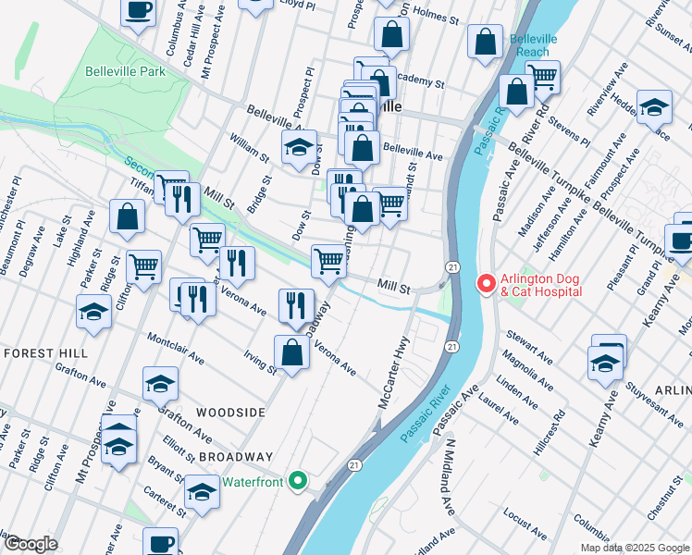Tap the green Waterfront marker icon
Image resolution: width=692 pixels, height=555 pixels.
[x=297, y=479]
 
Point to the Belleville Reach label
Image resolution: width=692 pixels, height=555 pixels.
[x=531, y=46]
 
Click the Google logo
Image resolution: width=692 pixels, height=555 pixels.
[x=30, y=544]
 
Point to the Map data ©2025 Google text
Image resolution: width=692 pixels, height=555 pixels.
[x=634, y=548]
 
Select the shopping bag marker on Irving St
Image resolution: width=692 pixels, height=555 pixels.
[x=291, y=352]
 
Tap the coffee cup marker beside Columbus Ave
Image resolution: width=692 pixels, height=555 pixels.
[x=139, y=11]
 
